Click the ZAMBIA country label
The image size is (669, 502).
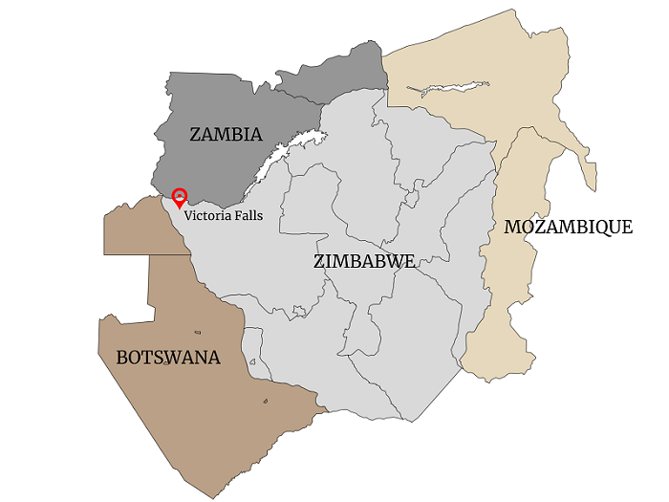[226, 135]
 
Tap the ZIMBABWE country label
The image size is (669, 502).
[363, 260]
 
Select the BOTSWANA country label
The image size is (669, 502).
[168, 358]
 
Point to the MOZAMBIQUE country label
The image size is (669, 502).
[568, 228]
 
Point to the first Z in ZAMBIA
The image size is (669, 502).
[195, 135]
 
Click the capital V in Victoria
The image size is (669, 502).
[188, 216]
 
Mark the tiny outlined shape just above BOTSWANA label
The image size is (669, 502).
[197, 333]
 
